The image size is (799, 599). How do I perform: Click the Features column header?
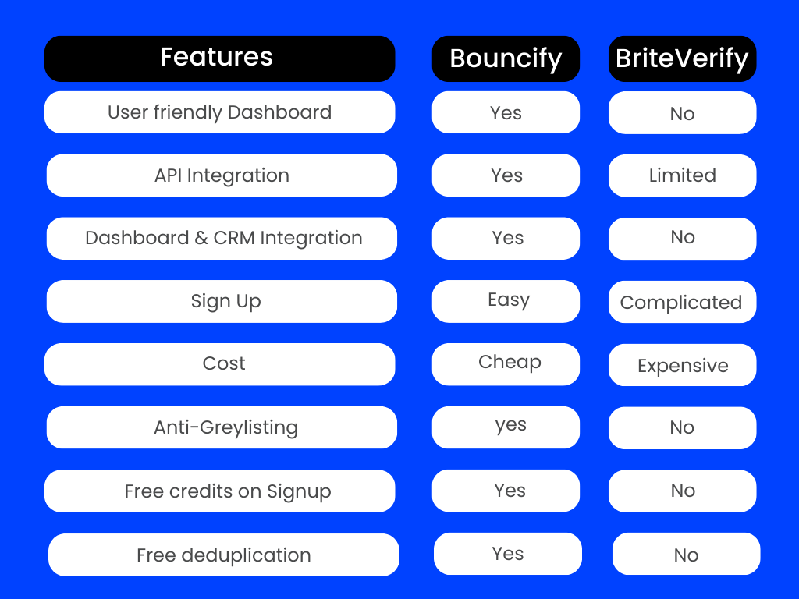(x=219, y=58)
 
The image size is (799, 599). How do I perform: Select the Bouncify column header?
(x=506, y=58)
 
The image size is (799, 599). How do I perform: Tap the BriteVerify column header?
(x=682, y=58)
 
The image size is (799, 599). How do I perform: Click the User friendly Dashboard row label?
(x=219, y=112)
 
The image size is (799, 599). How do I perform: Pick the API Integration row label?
(x=222, y=175)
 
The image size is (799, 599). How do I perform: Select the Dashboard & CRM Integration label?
(x=222, y=239)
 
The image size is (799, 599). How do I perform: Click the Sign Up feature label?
(x=222, y=301)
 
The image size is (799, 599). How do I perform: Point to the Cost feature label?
(x=219, y=364)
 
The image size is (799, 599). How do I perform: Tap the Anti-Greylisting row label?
(x=222, y=427)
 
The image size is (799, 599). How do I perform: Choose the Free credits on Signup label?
(x=219, y=491)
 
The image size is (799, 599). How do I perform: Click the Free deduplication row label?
(x=224, y=555)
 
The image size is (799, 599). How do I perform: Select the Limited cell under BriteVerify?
(x=682, y=175)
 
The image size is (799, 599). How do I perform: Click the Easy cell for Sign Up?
(x=506, y=301)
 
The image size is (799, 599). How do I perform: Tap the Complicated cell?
(x=682, y=302)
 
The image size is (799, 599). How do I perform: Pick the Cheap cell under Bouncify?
(x=506, y=364)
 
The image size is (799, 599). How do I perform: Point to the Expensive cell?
(x=682, y=365)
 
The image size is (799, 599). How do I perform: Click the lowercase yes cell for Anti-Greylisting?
(x=506, y=427)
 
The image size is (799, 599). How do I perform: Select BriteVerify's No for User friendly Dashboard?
(x=682, y=112)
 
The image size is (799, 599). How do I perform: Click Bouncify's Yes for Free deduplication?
(x=507, y=554)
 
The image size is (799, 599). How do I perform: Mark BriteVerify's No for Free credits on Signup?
(x=682, y=491)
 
